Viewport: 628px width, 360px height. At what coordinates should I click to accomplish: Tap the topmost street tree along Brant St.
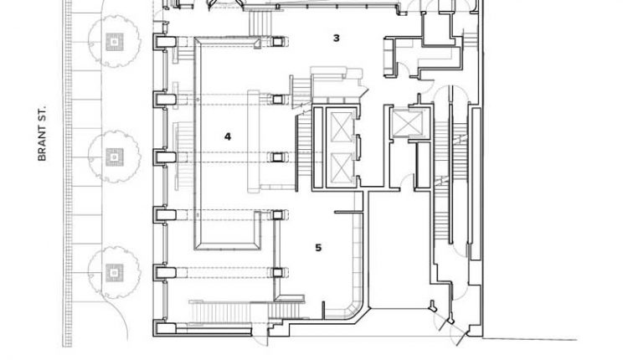tap(112, 42)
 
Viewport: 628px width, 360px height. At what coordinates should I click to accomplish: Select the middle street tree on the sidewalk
tap(112, 156)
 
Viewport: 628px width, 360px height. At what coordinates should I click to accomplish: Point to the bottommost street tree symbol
tap(112, 270)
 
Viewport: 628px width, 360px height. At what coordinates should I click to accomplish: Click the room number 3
tap(336, 38)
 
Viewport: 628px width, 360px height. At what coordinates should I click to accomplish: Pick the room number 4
tap(227, 135)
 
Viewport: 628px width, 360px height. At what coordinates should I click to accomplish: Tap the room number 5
tap(318, 247)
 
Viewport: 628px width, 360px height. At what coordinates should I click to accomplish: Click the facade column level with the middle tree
tap(162, 157)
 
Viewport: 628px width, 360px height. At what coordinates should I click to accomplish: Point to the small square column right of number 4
tap(276, 157)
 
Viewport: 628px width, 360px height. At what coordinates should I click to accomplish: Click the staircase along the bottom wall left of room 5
tap(218, 313)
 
